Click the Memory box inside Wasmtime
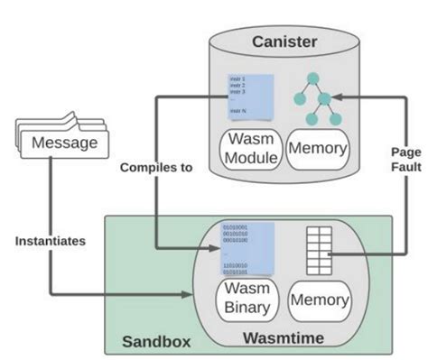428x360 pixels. [x=319, y=300]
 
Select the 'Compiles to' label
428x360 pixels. [x=155, y=167]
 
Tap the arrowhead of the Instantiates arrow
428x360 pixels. [x=212, y=293]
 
